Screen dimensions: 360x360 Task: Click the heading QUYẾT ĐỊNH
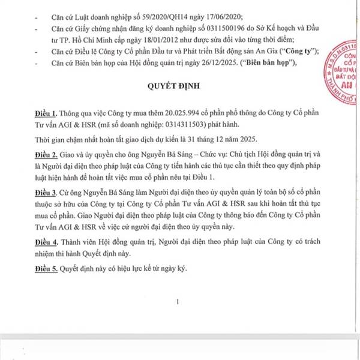pos(178,86)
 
